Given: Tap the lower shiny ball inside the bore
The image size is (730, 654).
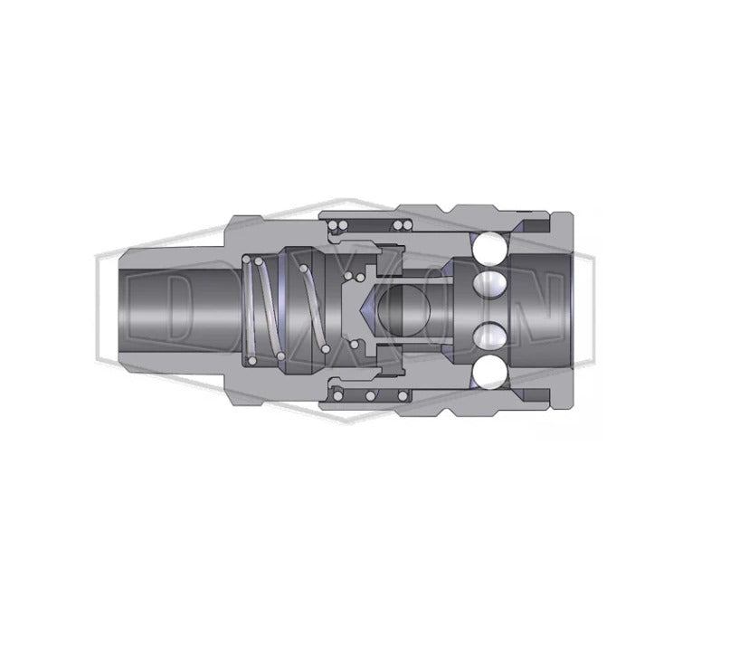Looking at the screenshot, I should (488, 336).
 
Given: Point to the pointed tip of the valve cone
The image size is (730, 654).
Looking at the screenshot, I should (363, 310).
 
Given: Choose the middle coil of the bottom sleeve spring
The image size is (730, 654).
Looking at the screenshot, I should (371, 396).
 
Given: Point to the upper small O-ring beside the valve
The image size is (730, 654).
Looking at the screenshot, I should (360, 278).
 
